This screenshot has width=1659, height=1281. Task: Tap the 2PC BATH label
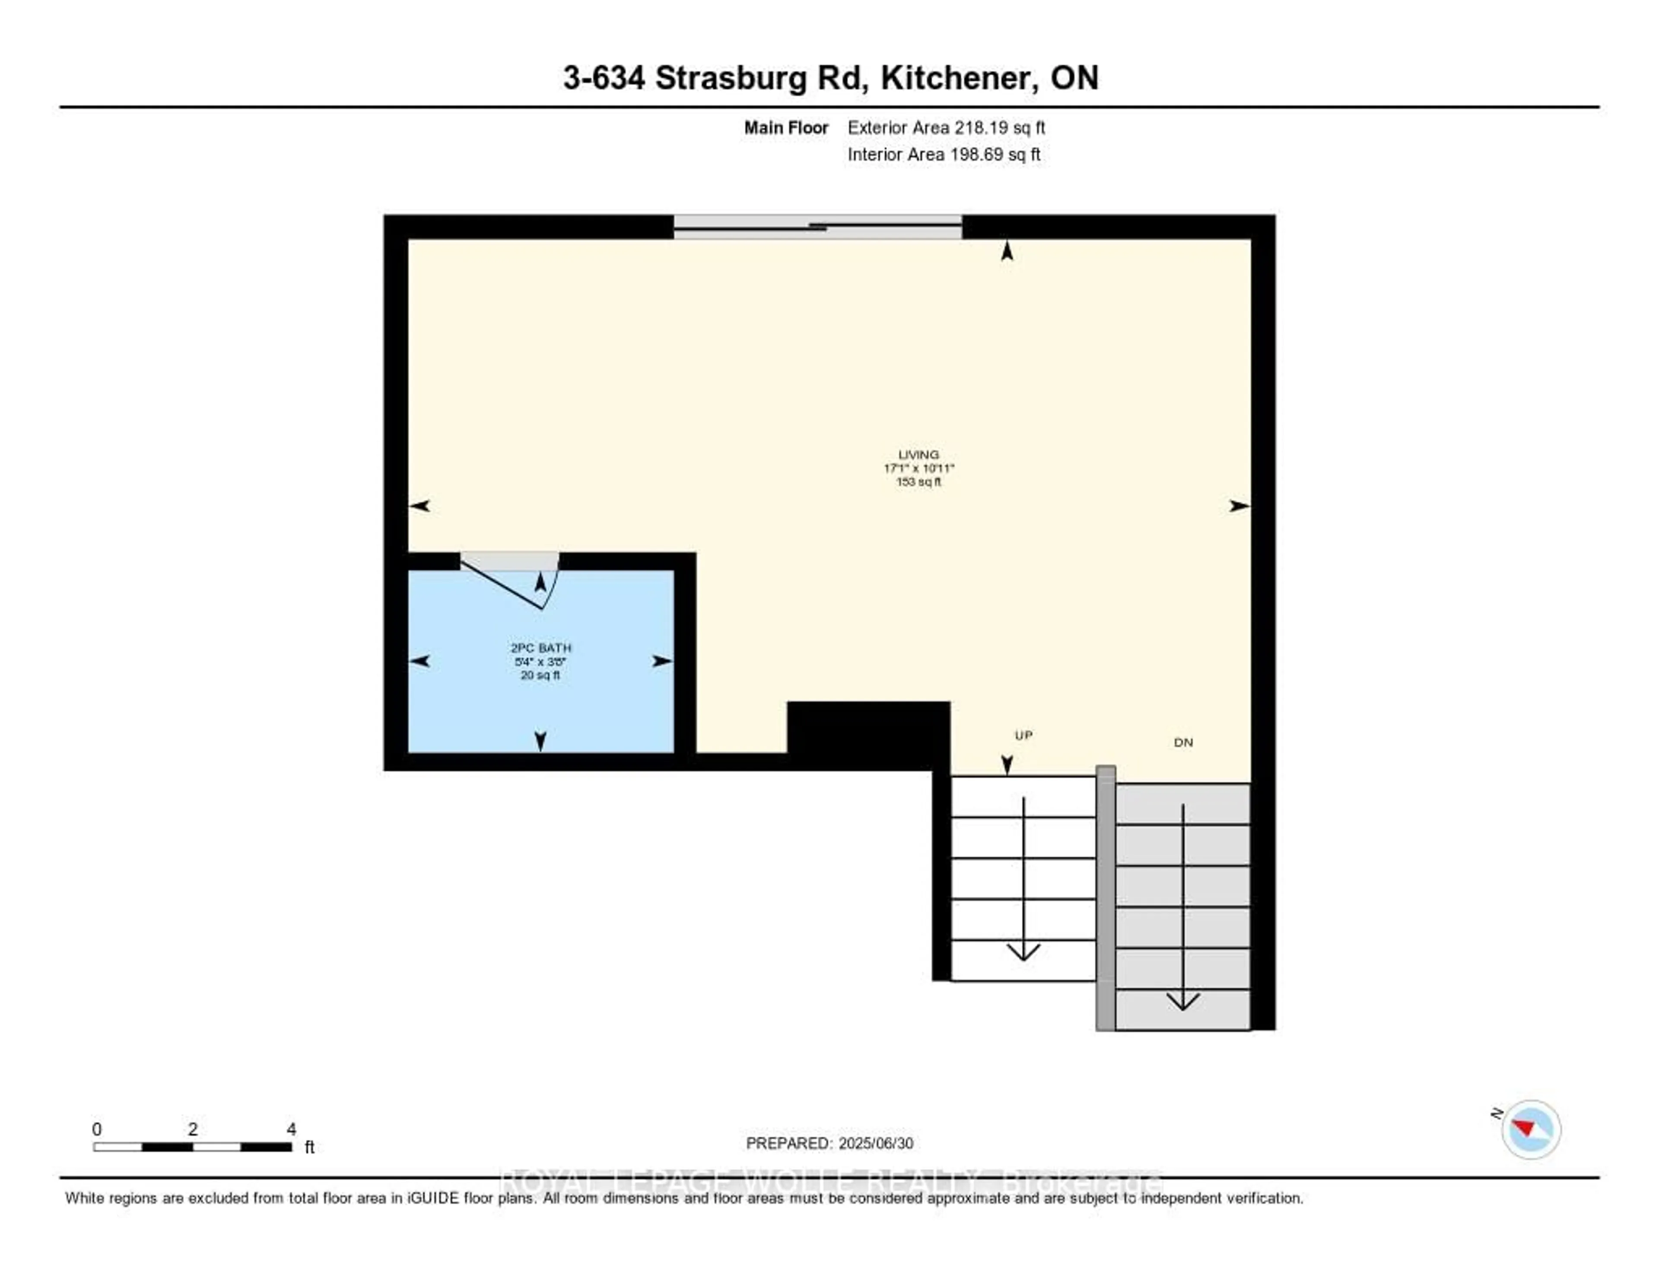(x=541, y=648)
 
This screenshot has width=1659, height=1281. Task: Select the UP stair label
(x=1023, y=735)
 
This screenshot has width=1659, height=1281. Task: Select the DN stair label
(x=1183, y=742)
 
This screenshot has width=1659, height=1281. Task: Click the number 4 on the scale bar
(x=291, y=1129)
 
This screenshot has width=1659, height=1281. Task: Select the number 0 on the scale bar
(x=96, y=1129)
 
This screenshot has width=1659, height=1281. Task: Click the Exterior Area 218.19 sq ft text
(x=946, y=127)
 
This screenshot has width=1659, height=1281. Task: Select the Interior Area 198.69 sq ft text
(x=944, y=154)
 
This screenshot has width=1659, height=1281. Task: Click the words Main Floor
(x=785, y=127)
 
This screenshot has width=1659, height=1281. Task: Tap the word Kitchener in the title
(x=959, y=77)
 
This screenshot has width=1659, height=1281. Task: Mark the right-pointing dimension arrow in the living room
(x=1239, y=506)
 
